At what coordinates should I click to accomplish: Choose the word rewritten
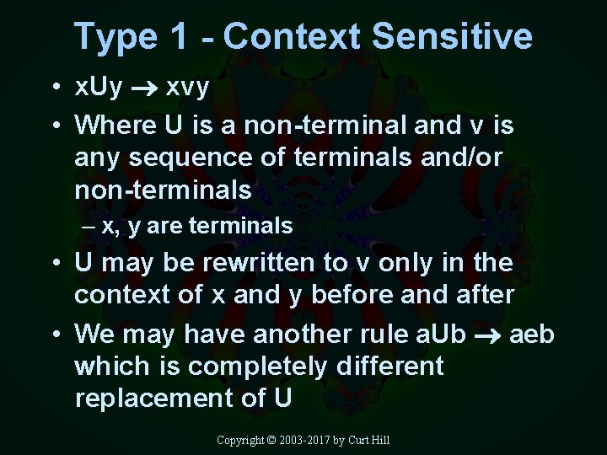click(259, 263)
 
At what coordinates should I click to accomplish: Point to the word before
click(350, 296)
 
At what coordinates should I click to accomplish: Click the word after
click(484, 296)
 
